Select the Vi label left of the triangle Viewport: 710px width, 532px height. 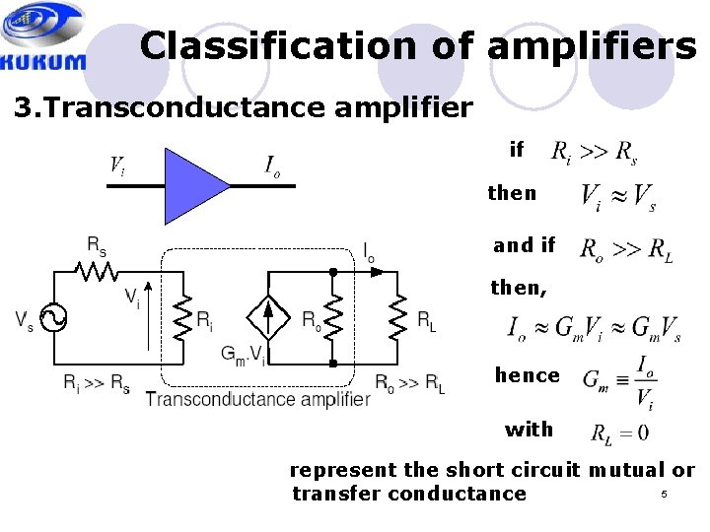click(x=117, y=165)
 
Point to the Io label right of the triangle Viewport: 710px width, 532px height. click(x=272, y=166)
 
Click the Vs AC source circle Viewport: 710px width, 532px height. click(x=52, y=318)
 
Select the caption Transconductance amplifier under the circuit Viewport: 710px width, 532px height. click(x=257, y=399)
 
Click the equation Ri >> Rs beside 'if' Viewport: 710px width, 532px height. click(x=594, y=151)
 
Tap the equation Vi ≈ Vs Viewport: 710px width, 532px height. click(x=618, y=196)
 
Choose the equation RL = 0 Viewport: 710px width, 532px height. click(x=618, y=432)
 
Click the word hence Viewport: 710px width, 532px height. click(x=527, y=375)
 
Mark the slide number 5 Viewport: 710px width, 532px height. click(x=664, y=494)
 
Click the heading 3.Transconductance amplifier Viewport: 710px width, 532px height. click(x=244, y=106)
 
